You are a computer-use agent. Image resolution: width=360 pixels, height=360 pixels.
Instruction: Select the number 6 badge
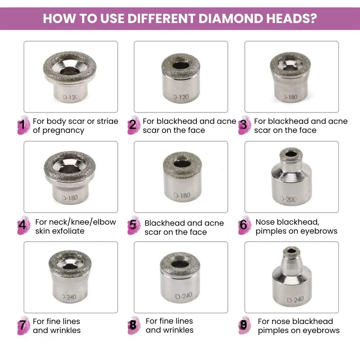point(243,226)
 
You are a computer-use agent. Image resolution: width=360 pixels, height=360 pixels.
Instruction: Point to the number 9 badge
point(244,325)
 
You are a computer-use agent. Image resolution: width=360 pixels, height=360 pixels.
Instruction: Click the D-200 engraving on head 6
point(288,199)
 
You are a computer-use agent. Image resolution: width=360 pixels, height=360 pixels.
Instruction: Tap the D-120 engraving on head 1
point(70,97)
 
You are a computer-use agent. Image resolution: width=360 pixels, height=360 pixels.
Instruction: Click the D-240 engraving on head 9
point(295,300)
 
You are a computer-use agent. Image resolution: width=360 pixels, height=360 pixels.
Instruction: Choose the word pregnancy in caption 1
point(63,130)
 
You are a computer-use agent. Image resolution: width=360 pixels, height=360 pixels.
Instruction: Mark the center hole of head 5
point(181,164)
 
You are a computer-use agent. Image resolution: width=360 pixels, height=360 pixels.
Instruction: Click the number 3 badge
point(244,125)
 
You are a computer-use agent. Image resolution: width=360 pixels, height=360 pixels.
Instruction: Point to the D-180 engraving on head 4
point(69,198)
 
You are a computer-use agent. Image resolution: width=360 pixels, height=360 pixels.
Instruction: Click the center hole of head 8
point(180,264)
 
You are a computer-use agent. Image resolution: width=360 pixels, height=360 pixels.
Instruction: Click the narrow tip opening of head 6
point(291,154)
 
